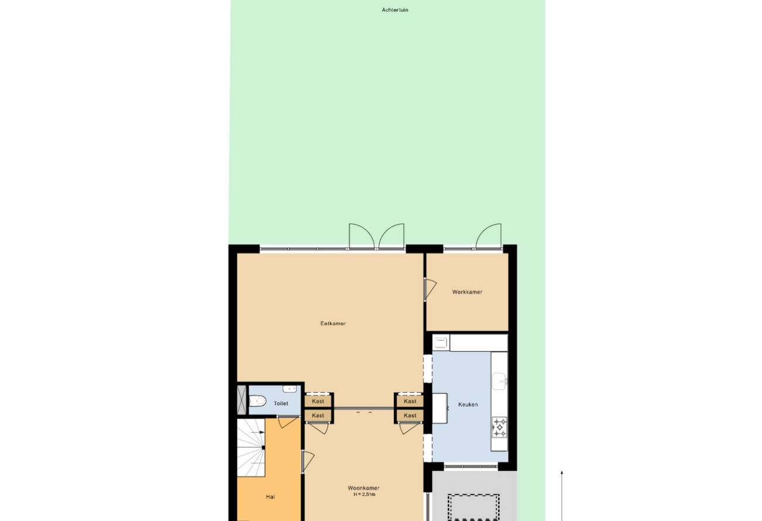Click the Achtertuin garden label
click(395, 10)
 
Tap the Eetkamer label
click(333, 323)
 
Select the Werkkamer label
click(467, 292)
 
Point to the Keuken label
click(468, 405)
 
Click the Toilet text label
click(281, 403)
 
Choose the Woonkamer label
click(363, 488)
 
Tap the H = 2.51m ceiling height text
click(365, 495)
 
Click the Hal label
click(270, 497)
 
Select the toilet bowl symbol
click(257, 401)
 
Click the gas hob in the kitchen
click(499, 427)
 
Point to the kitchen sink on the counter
click(500, 382)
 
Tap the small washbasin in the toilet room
click(290, 389)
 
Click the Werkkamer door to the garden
click(488, 236)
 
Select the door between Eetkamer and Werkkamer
click(430, 289)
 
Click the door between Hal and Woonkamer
click(308, 461)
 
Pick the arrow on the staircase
click(257, 433)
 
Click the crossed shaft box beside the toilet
click(241, 400)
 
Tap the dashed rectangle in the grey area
click(474, 508)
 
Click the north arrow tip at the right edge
click(562, 471)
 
